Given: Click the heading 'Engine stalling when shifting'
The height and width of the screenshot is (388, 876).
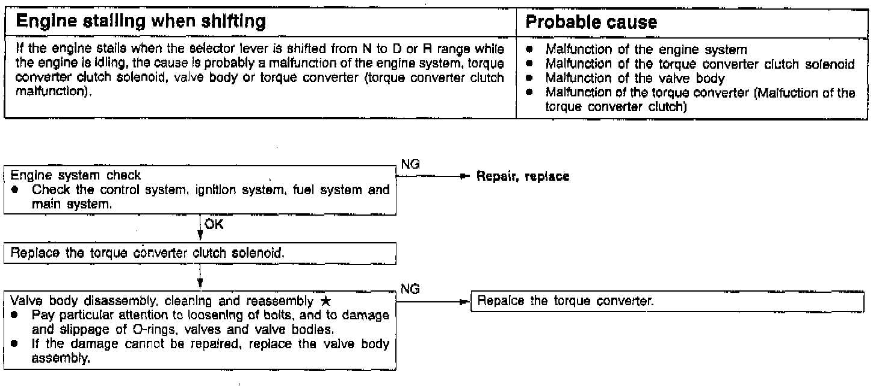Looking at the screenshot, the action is click(x=141, y=22).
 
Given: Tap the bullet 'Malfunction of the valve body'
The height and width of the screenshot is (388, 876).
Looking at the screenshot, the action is click(x=635, y=78).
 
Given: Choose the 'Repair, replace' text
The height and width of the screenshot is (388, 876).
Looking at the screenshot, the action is click(x=522, y=177).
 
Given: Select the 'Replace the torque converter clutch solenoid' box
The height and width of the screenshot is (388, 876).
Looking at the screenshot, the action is click(x=147, y=252).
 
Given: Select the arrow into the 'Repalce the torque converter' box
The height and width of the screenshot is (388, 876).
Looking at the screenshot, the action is click(x=463, y=300).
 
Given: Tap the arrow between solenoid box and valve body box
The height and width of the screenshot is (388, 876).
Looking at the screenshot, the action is click(x=199, y=280).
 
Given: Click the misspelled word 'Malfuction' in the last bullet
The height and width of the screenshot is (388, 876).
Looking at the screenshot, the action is click(x=788, y=92).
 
